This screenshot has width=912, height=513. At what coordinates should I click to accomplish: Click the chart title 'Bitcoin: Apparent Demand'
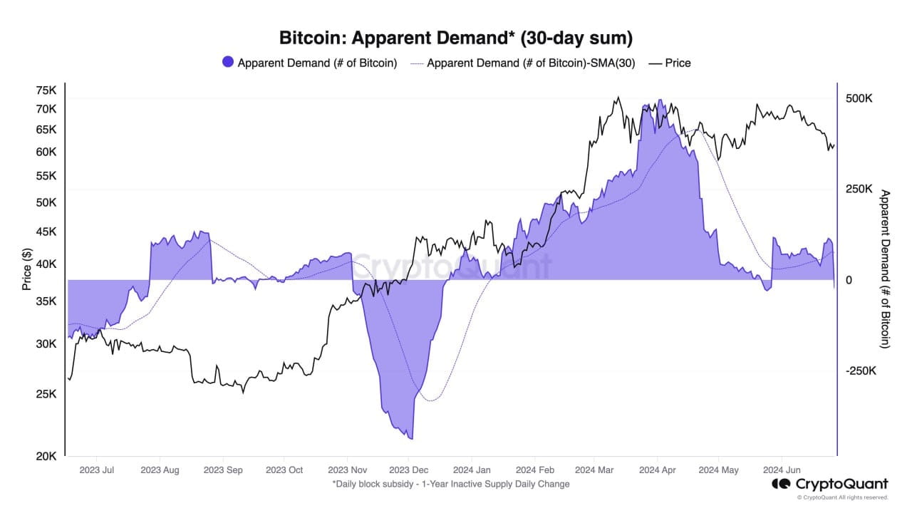coord(455,37)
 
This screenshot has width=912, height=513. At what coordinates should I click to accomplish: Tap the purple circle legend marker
coord(228,63)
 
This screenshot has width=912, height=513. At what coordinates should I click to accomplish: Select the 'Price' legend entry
coord(678,63)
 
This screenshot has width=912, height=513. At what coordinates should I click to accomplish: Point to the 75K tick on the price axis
coord(46,90)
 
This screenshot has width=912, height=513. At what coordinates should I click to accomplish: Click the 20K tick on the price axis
coord(46,457)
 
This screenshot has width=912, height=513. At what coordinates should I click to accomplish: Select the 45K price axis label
coord(46,232)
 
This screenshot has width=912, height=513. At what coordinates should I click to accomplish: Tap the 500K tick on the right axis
coord(859,98)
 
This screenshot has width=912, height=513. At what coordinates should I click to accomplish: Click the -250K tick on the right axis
coord(860,371)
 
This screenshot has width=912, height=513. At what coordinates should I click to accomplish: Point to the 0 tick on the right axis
coord(849,281)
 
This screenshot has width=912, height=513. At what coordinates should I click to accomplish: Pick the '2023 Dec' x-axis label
coord(409,470)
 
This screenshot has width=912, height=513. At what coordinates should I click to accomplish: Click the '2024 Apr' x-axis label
coord(658,470)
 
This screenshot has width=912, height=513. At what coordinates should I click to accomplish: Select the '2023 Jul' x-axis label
coord(97,470)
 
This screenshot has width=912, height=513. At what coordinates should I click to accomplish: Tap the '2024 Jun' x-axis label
coord(782,470)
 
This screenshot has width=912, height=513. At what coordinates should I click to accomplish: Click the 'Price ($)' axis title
coord(27,269)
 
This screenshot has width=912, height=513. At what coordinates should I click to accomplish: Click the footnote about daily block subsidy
coord(451,484)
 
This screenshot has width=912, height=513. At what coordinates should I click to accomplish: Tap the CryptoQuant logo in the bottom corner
coord(830,484)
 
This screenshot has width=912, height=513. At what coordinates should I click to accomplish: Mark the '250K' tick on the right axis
coord(859,190)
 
